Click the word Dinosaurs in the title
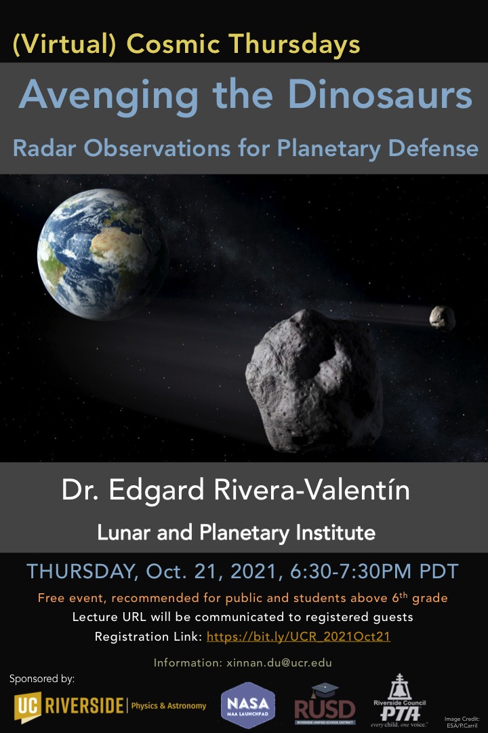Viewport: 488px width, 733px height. (x=380, y=95)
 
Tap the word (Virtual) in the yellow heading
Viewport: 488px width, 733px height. (x=64, y=44)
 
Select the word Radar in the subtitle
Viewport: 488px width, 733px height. (x=44, y=148)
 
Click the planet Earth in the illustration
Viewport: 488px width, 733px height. (x=102, y=254)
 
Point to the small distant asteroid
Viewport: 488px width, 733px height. (x=442, y=318)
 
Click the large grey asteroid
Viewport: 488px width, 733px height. (x=314, y=381)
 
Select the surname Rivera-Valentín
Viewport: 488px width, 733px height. (x=312, y=490)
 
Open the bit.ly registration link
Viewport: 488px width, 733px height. (x=298, y=637)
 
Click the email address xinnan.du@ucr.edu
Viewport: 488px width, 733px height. (x=279, y=662)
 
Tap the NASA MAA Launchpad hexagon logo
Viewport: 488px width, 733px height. (x=248, y=705)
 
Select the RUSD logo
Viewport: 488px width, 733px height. (x=325, y=705)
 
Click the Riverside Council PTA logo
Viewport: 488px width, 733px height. (x=399, y=700)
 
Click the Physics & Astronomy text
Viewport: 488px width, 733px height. (x=169, y=706)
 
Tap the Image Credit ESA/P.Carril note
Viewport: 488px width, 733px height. (x=462, y=722)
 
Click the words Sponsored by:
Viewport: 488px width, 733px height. (x=42, y=679)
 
